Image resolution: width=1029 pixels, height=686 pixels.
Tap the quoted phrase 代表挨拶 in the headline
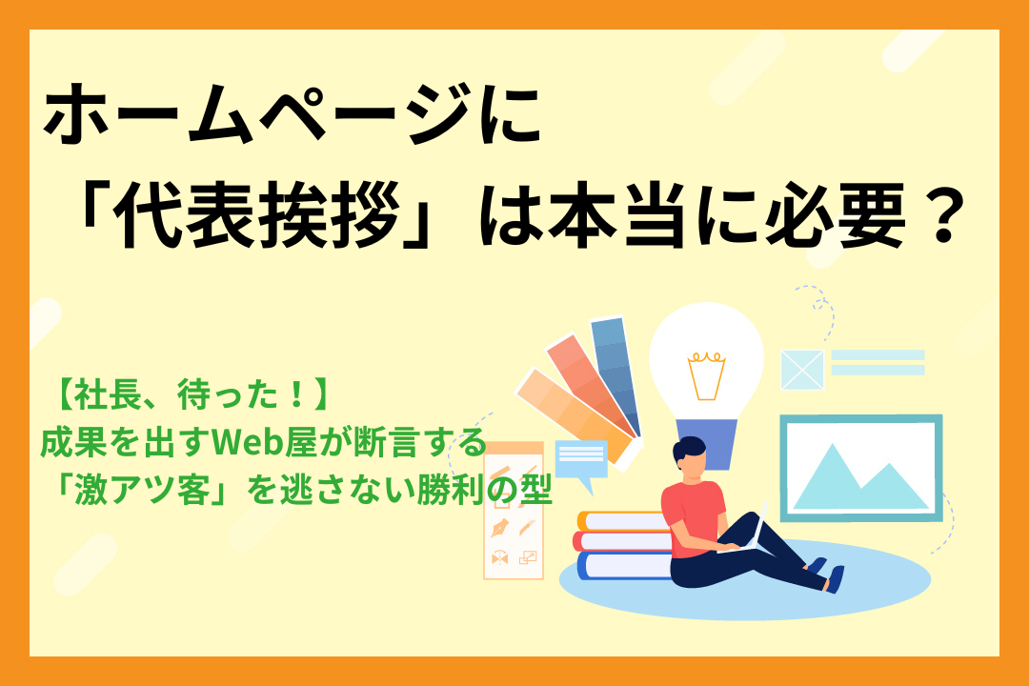[252, 221]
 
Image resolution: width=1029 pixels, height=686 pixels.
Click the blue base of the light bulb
[706, 444]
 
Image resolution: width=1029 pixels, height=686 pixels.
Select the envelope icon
[801, 370]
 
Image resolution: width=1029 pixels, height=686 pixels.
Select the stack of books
[624, 545]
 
